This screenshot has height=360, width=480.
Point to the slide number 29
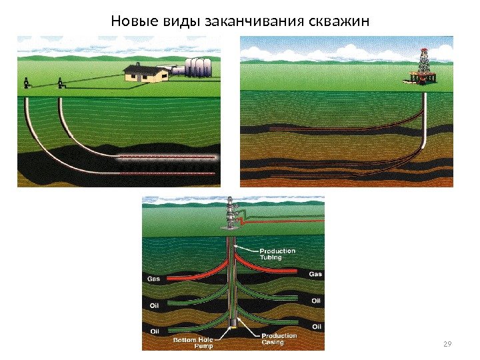click(x=447, y=344)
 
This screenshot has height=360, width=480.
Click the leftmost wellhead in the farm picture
click(x=26, y=83)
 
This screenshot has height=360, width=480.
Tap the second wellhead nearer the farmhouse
click(x=60, y=83)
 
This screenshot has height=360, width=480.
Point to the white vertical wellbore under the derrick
click(x=425, y=120)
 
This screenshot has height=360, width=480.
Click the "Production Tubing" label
click(x=277, y=254)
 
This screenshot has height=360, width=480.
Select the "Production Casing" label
click(x=279, y=339)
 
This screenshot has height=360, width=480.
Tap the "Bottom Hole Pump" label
click(x=194, y=343)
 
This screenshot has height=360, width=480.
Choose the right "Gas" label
click(x=315, y=274)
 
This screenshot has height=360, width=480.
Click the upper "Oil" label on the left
click(x=153, y=306)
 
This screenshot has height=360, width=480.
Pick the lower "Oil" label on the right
click(x=316, y=327)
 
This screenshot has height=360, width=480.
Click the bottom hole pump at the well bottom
click(x=233, y=325)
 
